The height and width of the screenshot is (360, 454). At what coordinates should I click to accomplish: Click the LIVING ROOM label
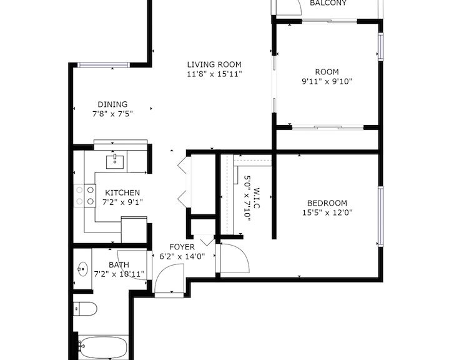214,64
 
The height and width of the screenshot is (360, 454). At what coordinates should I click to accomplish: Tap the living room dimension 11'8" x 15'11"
214,74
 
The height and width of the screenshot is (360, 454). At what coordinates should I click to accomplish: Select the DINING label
112,104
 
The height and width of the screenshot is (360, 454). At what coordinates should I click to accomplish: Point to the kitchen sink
115,162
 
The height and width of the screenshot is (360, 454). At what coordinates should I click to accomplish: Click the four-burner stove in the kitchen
85,196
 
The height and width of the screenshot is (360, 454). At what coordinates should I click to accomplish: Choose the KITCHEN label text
122,192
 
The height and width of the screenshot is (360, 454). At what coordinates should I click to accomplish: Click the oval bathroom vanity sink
83,269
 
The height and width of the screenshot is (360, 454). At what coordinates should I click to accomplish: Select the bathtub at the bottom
104,347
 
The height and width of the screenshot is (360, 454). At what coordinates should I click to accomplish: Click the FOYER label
182,247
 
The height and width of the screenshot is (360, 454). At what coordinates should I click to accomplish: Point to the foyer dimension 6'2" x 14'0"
182,256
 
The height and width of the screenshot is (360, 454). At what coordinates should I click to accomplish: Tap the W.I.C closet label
257,198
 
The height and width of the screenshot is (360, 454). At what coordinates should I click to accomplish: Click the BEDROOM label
327,203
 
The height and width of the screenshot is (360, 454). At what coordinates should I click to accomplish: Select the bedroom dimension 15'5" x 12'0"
327,212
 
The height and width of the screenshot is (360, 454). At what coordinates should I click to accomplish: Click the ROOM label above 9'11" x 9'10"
327,72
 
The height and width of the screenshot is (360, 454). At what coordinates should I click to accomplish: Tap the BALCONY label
328,3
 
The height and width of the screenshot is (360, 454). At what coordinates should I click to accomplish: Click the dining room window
104,65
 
